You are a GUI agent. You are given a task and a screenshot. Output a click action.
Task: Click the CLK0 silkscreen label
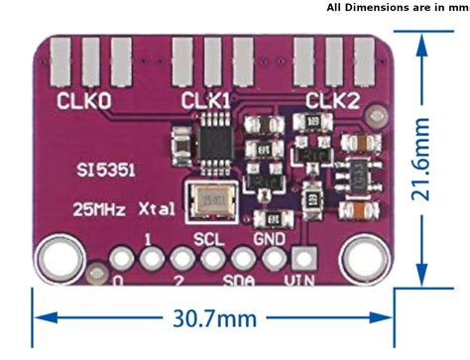[x=84, y=100]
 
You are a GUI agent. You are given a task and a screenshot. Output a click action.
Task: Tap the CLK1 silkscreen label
[x=206, y=100]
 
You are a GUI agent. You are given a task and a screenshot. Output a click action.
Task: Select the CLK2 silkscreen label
[x=332, y=100]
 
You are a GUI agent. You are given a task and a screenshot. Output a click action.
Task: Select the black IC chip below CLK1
[x=213, y=133]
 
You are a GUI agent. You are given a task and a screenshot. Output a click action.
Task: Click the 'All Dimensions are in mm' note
[x=397, y=7]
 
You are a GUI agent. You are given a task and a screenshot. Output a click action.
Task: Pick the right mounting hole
[x=360, y=258]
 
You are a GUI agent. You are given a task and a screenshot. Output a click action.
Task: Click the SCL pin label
[x=209, y=239]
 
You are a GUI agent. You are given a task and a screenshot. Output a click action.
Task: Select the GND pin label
[x=270, y=239]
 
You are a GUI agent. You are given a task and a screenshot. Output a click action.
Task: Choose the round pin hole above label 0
[x=121, y=259]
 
